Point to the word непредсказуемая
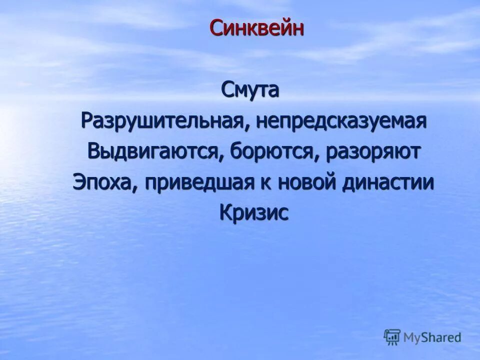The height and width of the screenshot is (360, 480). [341, 121]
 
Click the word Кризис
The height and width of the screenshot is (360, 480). [254, 212]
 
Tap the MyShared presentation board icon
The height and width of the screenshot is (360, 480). [392, 336]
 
